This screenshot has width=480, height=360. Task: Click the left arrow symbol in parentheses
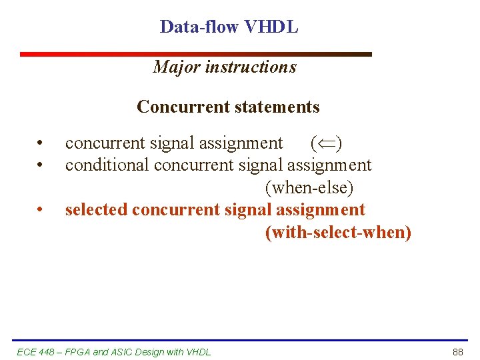click(326, 143)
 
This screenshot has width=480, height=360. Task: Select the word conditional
click(107, 165)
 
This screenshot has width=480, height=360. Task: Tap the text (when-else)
click(309, 187)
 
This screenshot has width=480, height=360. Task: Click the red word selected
click(96, 210)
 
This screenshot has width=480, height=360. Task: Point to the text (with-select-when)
click(338, 233)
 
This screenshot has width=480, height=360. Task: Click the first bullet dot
click(41, 143)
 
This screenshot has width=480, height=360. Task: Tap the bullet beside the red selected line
click(41, 210)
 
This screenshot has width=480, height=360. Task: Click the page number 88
click(457, 352)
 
